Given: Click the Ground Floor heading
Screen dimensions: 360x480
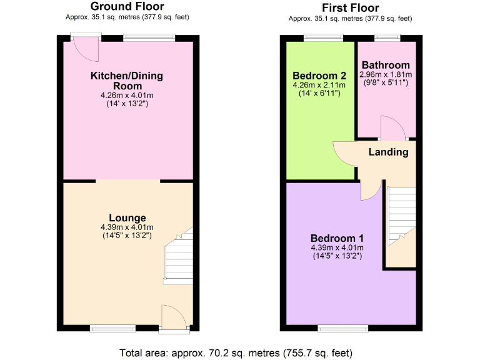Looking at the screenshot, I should (127, 7).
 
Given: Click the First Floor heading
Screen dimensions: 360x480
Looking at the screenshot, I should (351, 7).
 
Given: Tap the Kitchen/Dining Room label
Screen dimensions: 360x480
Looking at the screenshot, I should (127, 81).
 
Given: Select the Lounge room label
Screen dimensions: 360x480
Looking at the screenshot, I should (127, 217).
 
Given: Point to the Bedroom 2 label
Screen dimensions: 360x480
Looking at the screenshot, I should (319, 75).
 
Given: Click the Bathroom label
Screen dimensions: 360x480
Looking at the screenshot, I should (386, 65).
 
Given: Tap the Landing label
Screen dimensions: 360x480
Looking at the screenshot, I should (388, 152).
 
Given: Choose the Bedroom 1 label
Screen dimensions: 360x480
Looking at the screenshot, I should (337, 238).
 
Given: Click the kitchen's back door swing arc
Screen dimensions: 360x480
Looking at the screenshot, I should (86, 50).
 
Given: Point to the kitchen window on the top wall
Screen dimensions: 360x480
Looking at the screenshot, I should (149, 37).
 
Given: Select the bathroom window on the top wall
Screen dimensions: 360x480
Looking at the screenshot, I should (387, 38).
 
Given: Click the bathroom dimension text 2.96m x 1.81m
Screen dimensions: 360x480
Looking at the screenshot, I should (386, 74).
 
